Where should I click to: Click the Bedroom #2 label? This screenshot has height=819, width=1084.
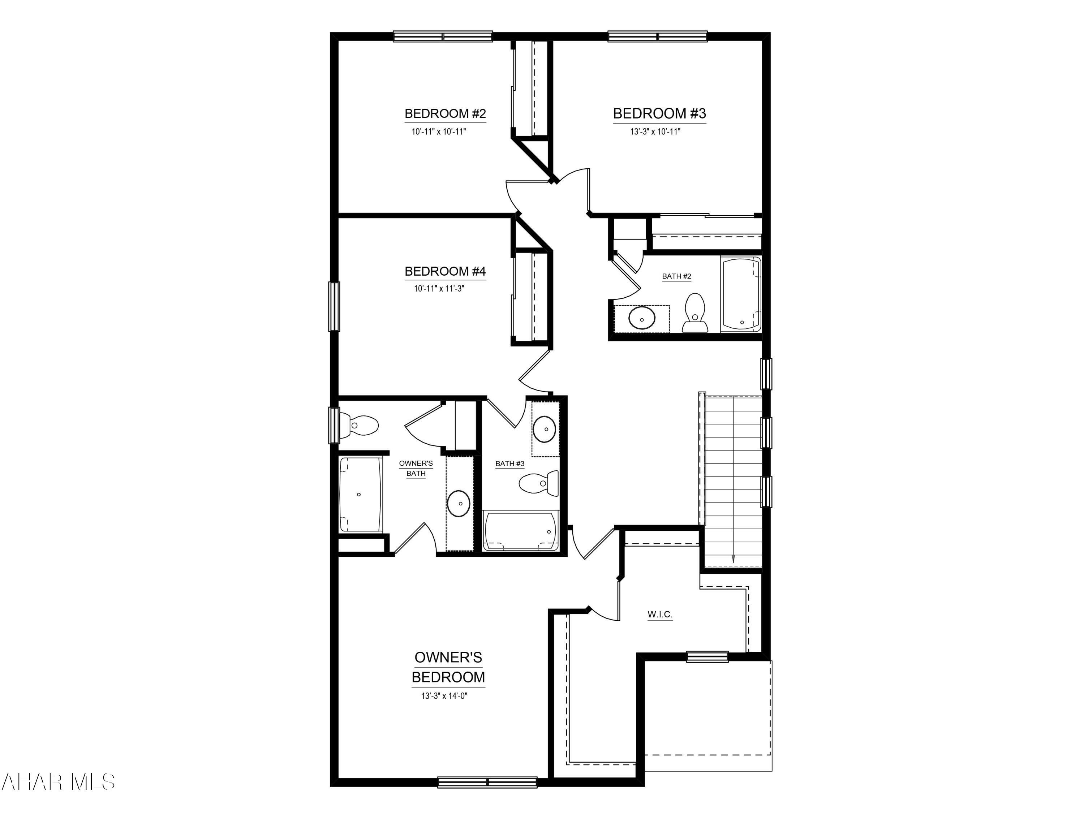pos(445,114)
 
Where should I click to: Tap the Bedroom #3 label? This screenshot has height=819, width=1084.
pos(659,114)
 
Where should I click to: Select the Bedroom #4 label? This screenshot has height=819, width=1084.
pos(445,271)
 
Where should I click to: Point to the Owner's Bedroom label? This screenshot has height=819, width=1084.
pos(448,667)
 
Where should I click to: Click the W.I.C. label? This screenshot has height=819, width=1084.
pos(659,614)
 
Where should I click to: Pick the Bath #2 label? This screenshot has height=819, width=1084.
pos(676,276)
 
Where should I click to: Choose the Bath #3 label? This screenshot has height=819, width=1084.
pos(509,464)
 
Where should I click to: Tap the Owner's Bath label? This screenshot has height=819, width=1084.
pos(416,468)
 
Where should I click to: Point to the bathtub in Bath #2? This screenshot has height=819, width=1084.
pos(740,295)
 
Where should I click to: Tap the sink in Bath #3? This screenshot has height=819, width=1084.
pos(544,429)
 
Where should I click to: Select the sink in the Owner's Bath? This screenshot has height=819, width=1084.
pos(459,503)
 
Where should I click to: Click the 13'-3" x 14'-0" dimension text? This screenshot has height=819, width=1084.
pos(444,696)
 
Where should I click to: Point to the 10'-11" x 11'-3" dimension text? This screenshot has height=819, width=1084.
pos(439,289)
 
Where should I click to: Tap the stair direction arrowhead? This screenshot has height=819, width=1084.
pos(733,559)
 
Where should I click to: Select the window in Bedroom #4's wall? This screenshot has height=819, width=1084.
pos(334,307)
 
